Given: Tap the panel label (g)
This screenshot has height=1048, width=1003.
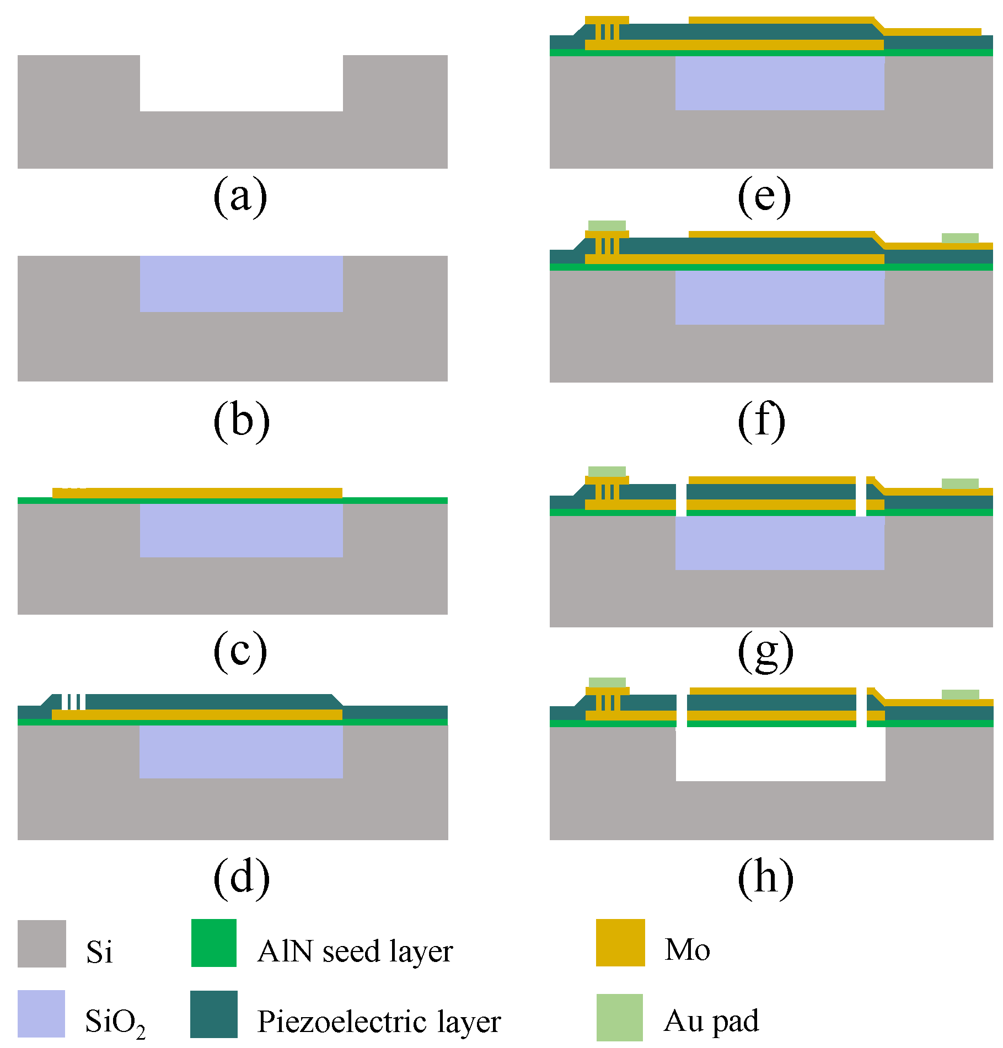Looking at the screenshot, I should [765, 652].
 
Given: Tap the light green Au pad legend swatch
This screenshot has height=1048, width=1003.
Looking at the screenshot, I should [620, 1017].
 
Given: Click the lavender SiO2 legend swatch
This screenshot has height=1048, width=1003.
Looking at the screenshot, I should [41, 1013].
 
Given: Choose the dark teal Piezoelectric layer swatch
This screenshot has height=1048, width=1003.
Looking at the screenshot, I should [214, 1014].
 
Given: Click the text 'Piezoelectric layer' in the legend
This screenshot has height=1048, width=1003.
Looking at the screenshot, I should [379, 1021].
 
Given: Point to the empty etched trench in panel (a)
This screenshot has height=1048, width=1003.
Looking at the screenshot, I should [241, 83].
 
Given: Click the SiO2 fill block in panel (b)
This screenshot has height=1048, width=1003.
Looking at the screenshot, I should [241, 283].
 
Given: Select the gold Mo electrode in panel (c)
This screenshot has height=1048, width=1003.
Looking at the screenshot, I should [197, 493].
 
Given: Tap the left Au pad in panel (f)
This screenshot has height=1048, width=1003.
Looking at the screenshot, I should [607, 225].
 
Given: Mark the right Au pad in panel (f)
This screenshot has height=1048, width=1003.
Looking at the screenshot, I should [960, 238].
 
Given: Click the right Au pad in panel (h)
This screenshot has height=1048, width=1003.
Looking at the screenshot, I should [960, 695].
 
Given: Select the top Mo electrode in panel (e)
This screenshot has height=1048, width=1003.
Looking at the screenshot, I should [781, 20].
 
